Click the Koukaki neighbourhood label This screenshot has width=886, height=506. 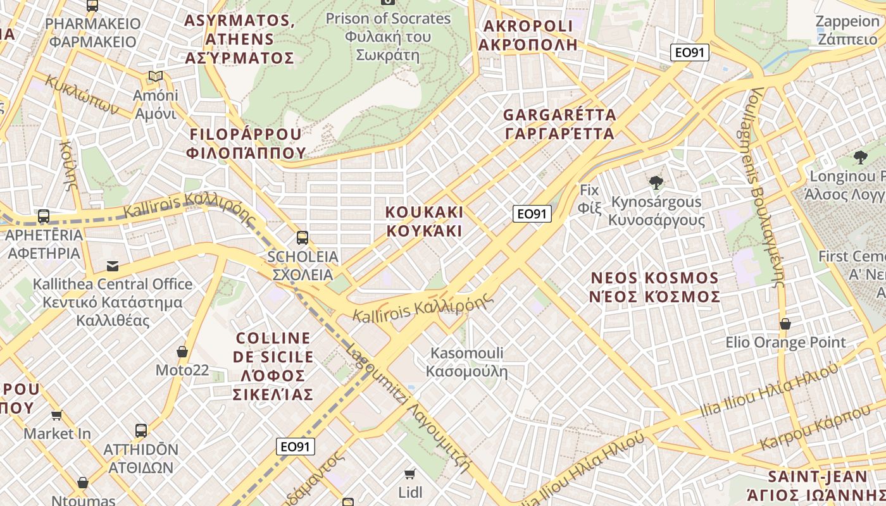[425, 221]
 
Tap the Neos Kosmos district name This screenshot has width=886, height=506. [654, 287]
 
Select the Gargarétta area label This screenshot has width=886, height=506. [559, 124]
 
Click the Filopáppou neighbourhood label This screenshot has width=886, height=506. [246, 144]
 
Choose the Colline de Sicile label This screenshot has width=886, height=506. [273, 366]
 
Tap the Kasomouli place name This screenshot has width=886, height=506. [467, 362]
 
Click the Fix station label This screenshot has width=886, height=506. [589, 199]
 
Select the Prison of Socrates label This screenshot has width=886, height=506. [388, 36]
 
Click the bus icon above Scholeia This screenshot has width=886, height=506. [303, 238]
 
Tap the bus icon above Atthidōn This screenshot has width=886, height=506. [141, 431]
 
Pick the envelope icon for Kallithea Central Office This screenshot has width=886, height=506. [113, 266]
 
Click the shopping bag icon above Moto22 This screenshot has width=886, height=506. [182, 352]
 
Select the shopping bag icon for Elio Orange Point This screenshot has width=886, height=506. [785, 324]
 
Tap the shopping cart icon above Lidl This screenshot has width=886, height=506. [410, 474]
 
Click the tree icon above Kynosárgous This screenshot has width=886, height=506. [656, 183]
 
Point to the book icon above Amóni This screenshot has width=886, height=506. [155, 77]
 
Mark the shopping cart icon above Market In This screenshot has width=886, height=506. [57, 416]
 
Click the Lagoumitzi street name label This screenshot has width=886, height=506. [409, 411]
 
